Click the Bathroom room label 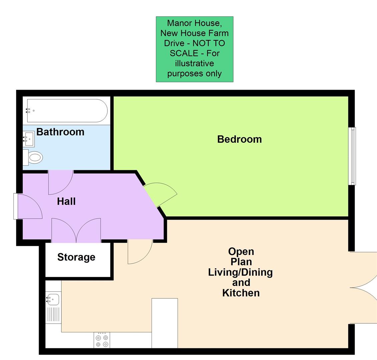[60, 132]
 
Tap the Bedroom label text [239, 139]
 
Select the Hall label [66, 201]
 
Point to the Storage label [76, 257]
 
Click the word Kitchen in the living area [241, 293]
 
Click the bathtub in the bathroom [67, 110]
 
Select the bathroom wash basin [29, 139]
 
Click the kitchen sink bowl [53, 299]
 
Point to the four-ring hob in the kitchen [102, 341]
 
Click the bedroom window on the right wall [352, 156]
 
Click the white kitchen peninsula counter [164, 323]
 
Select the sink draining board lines [53, 314]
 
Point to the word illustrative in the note [195, 63]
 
